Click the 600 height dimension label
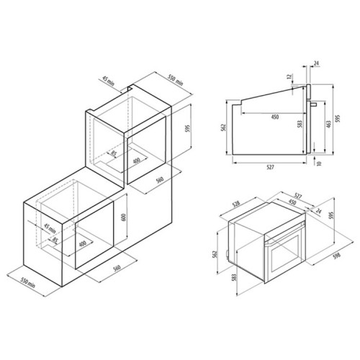124,217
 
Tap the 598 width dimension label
337,256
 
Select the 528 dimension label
236,204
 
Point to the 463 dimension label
328,124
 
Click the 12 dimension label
289,76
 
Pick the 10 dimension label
319,163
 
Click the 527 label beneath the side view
270,167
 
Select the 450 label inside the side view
275,117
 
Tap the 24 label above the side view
317,63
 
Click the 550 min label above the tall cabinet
176,80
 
